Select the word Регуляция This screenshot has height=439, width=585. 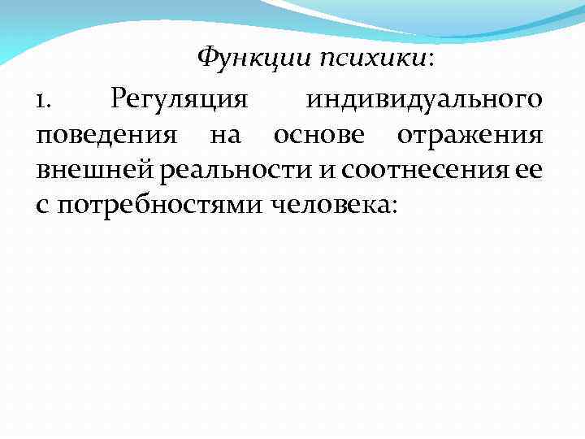(x=178, y=102)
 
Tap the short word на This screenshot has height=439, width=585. (x=225, y=136)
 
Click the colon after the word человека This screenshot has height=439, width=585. (x=395, y=206)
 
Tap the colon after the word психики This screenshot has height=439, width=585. (x=431, y=61)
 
